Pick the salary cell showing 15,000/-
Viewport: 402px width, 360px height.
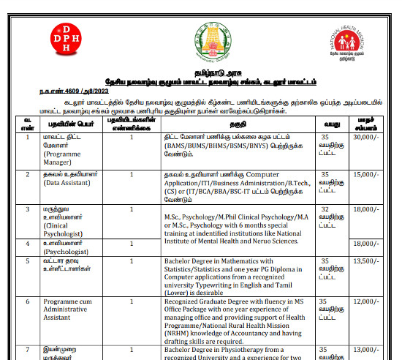tap(365, 175)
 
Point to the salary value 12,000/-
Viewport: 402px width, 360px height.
tap(365, 301)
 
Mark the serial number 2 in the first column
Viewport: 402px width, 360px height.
tap(27, 175)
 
